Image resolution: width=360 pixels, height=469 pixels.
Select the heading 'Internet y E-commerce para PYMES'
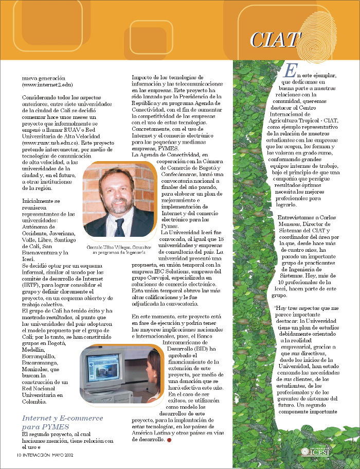click(x=62, y=422)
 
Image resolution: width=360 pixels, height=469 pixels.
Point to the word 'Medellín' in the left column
click(x=34, y=349)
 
